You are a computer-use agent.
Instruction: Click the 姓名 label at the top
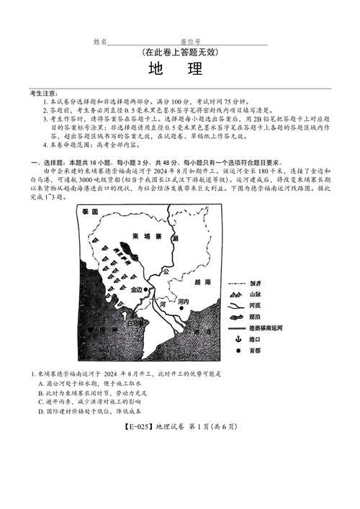(x=100, y=42)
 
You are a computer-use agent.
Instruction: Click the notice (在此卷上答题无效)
(x=180, y=53)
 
